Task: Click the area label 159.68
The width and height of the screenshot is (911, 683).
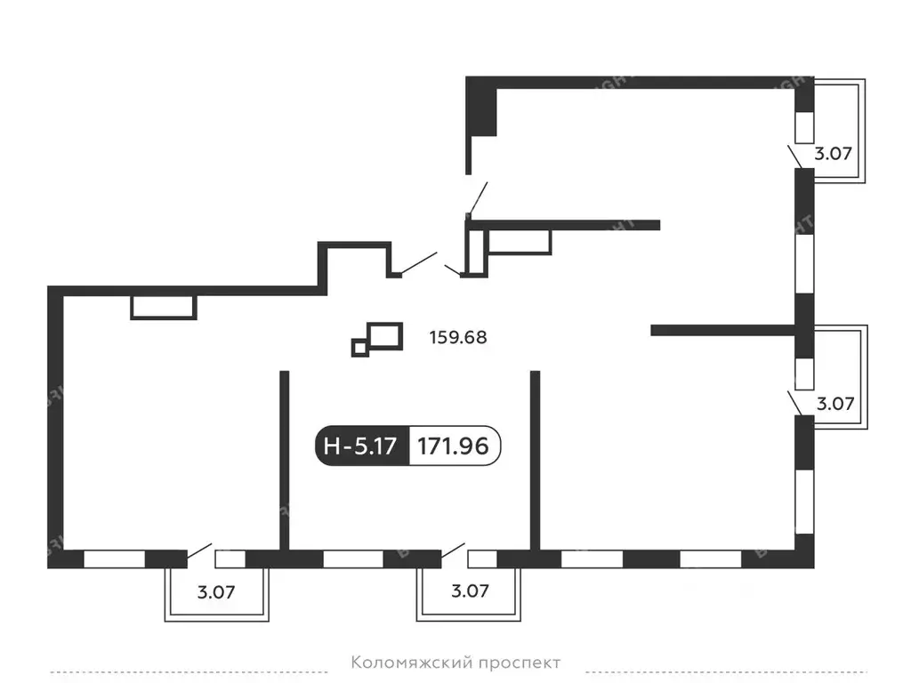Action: click(457, 338)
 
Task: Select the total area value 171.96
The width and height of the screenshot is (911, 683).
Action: click(455, 446)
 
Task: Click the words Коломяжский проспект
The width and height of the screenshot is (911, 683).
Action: click(456, 663)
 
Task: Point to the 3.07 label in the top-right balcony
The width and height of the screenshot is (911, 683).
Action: click(834, 153)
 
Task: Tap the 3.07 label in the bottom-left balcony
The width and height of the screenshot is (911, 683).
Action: click(216, 591)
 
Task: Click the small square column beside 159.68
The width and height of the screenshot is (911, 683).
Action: click(359, 348)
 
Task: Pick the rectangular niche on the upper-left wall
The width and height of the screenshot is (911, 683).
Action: click(163, 307)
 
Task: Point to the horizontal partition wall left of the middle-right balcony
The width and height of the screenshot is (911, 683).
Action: click(722, 330)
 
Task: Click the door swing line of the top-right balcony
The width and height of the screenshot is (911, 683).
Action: click(794, 157)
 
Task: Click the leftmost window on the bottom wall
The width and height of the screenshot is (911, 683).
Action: click(114, 559)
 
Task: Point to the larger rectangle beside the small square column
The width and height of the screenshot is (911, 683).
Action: click(385, 335)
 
